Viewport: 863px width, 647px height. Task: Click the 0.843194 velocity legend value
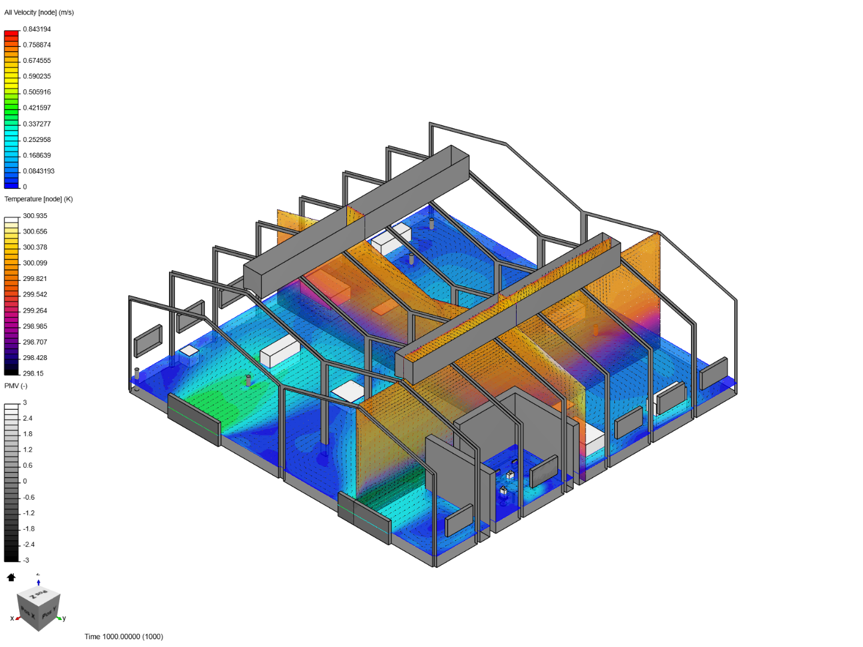[37, 29]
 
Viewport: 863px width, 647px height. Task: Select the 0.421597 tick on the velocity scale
[37, 108]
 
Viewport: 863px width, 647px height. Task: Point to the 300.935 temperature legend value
[35, 216]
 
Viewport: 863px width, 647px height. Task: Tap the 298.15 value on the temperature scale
[33, 373]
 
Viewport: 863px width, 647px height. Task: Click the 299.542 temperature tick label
[35, 294]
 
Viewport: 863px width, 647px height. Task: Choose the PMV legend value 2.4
[28, 418]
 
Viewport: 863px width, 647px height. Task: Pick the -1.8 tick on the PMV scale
[29, 528]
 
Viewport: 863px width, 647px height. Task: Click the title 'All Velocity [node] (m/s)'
[39, 13]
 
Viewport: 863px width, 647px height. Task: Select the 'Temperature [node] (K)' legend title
[38, 199]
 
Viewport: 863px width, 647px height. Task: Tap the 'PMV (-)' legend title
[16, 386]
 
